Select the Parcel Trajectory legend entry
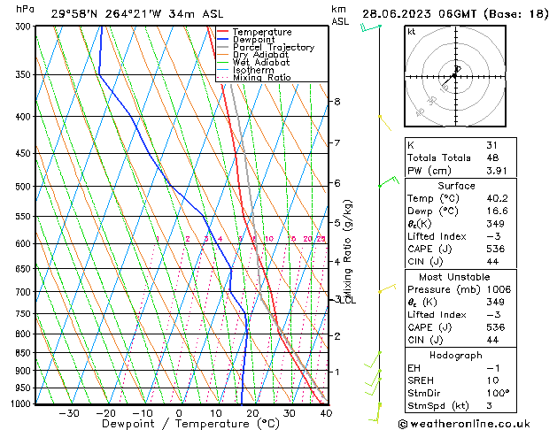[x=273, y=47]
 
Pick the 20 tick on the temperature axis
[x=252, y=413]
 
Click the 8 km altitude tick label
[x=337, y=102]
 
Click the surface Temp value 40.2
[x=497, y=199]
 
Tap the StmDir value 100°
[x=497, y=392]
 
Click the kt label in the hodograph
[x=411, y=31]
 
